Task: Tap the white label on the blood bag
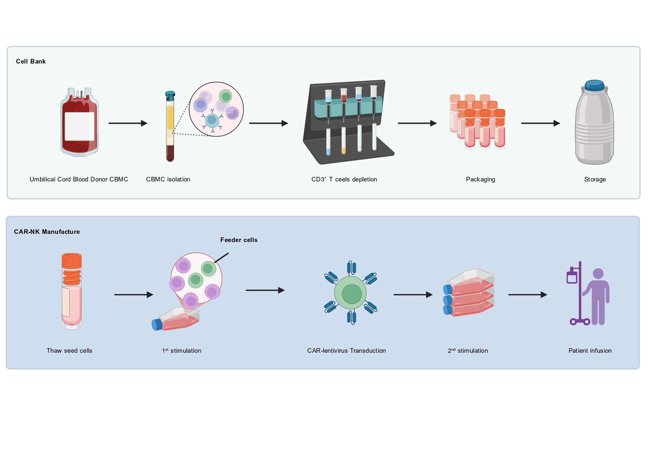click(79, 126)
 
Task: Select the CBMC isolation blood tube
click(170, 126)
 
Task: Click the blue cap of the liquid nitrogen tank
click(594, 85)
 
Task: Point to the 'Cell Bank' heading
click(31, 62)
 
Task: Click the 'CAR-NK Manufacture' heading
click(47, 232)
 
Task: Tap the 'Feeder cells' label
click(239, 240)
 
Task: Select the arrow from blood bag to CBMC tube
click(128, 123)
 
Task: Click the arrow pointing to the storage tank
click(540, 123)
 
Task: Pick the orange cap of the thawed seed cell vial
click(72, 261)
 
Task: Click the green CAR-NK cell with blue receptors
click(351, 292)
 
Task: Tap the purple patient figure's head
click(598, 274)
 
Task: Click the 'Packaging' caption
click(480, 179)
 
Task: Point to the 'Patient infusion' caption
click(590, 351)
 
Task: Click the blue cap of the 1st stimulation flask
click(157, 325)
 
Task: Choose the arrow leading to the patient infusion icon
click(528, 295)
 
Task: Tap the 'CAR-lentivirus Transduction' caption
click(346, 351)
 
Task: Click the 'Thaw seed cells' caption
click(69, 351)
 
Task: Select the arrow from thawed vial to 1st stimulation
click(134, 295)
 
